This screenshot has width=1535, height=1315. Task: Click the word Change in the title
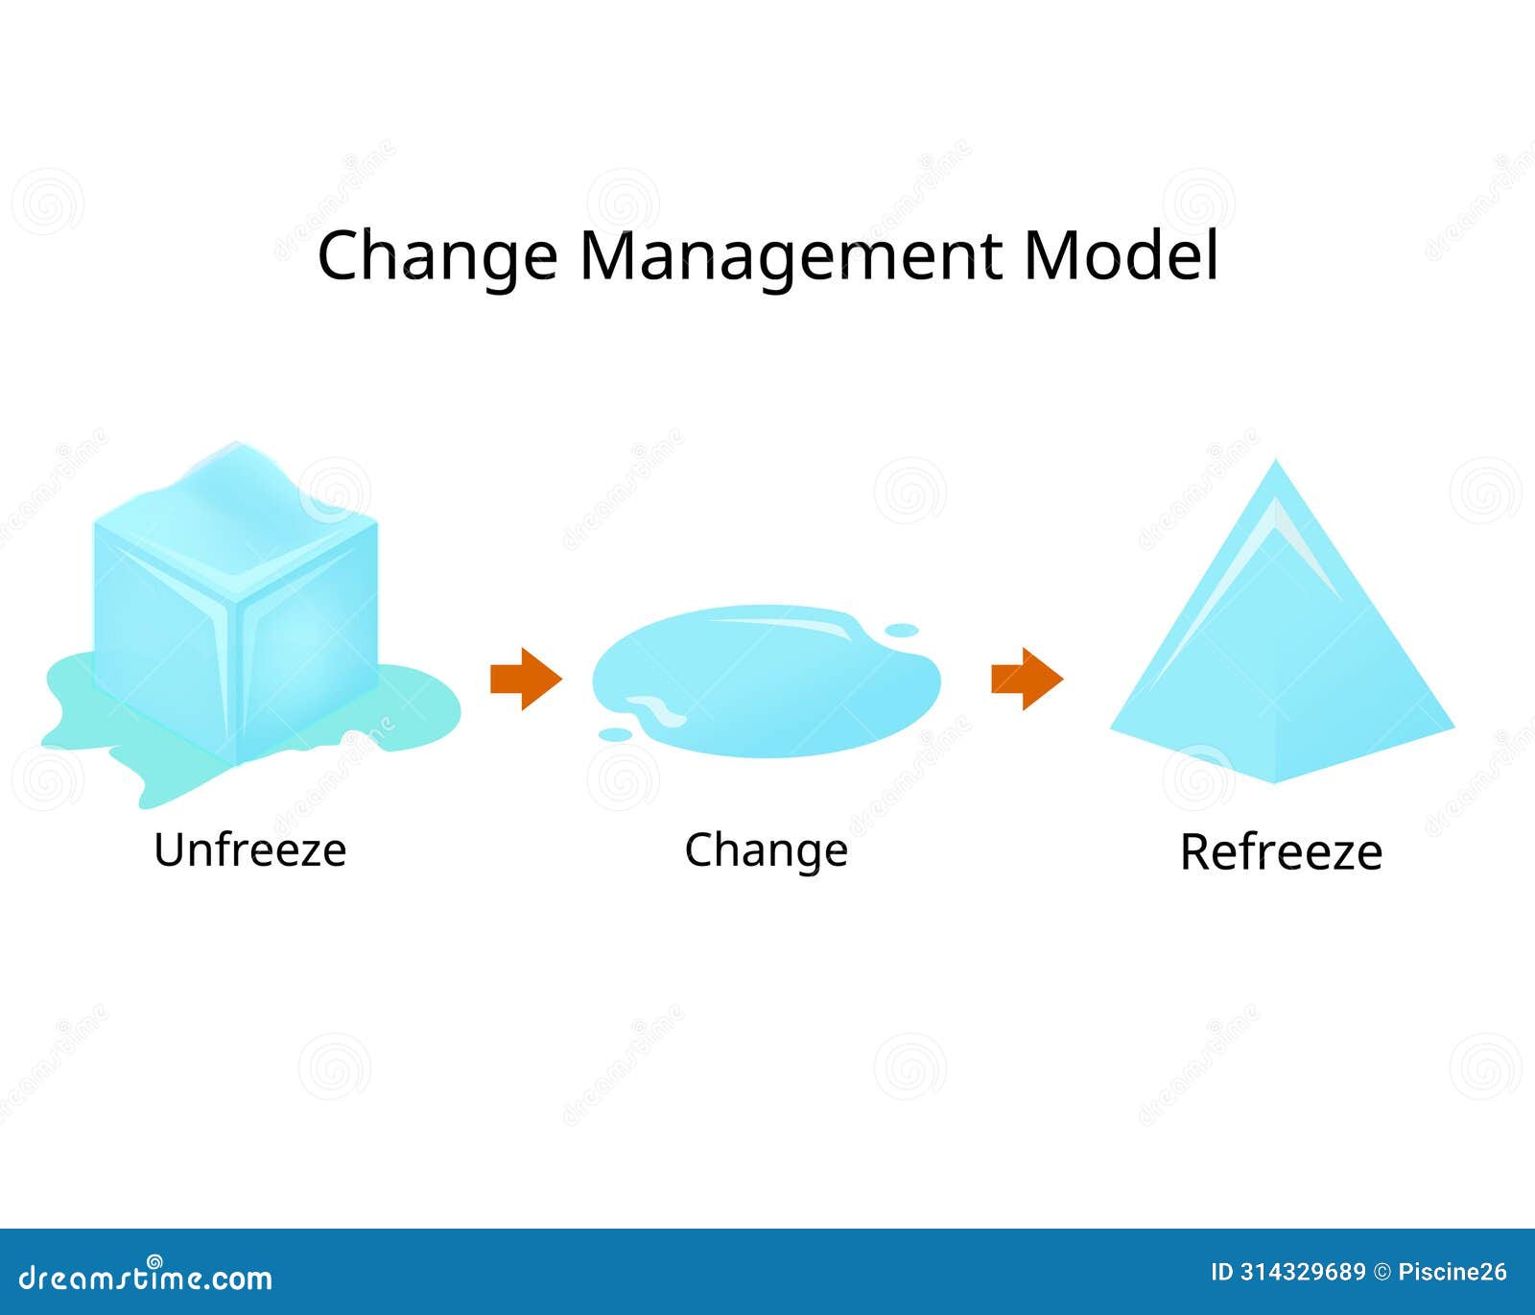437,256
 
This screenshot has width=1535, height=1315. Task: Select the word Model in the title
1120,255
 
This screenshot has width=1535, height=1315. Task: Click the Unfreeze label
249,850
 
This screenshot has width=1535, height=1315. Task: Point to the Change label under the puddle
766,850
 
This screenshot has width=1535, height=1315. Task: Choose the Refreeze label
1281,852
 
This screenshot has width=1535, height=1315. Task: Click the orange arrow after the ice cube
525,679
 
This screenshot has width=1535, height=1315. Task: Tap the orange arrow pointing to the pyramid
1027,679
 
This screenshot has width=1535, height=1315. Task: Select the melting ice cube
235,614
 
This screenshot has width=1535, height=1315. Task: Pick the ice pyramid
1281,653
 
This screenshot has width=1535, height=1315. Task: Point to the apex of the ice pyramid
1276,465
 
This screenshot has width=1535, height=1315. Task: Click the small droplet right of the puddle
901,631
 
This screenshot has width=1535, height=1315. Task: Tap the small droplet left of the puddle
615,734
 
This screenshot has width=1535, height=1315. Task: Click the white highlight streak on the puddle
787,625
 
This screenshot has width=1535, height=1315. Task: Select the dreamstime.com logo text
146,1277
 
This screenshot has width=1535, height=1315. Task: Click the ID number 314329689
1302,1273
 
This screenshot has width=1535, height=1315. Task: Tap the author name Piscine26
1452,1273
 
